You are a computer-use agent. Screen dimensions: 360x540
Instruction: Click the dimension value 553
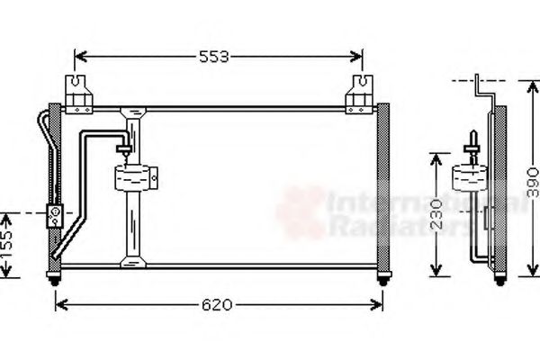pyautogui.click(x=214, y=57)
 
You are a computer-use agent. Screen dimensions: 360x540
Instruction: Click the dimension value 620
pyautogui.click(x=216, y=305)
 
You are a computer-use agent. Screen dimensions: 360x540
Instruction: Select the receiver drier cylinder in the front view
pyautogui.click(x=135, y=176)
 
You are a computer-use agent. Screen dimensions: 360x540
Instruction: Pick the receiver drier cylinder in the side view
pyautogui.click(x=469, y=176)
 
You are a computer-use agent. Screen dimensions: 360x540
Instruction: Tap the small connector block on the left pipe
pyautogui.click(x=54, y=215)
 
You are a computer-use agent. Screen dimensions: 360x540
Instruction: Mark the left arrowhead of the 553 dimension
pyautogui.click(x=78, y=57)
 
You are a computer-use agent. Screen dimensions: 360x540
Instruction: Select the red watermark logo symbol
pyautogui.click(x=301, y=212)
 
